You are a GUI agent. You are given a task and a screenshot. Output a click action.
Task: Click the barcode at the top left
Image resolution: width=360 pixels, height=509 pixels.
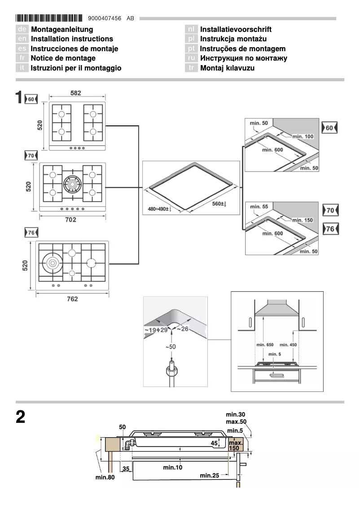coord(49,18)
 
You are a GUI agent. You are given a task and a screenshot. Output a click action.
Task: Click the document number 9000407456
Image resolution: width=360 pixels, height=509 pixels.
coord(105,18)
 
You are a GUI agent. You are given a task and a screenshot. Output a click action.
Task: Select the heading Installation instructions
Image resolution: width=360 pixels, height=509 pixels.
coord(72,39)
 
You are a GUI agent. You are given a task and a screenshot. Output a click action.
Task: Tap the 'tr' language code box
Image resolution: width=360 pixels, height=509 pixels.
coord(191,68)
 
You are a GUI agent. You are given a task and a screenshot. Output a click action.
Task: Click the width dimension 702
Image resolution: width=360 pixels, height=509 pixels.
coord(70,219)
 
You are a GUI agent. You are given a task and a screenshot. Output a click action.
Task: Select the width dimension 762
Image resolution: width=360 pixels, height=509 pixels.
coord(72,299)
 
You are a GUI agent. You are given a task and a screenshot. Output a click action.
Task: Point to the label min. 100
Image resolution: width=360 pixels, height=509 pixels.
coord(303,136)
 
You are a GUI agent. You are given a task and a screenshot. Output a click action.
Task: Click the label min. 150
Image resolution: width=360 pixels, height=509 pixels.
coord(303,220)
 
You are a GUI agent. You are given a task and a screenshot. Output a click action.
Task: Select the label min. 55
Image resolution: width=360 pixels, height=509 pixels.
coord(259,206)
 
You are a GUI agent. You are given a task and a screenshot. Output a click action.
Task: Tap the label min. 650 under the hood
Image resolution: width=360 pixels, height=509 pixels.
coord(264,345)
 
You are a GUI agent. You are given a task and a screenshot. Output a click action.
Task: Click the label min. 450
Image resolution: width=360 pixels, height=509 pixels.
coord(288,345)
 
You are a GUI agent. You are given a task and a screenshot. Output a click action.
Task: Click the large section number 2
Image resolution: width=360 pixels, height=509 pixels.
coord(20,417)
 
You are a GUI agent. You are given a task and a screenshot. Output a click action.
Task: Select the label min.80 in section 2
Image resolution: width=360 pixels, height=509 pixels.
coord(105,477)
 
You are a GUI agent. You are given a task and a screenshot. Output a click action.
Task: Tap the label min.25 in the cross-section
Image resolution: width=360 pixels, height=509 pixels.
coord(209,475)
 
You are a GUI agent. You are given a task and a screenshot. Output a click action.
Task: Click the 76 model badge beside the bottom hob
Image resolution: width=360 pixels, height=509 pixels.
coord(31,233)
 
